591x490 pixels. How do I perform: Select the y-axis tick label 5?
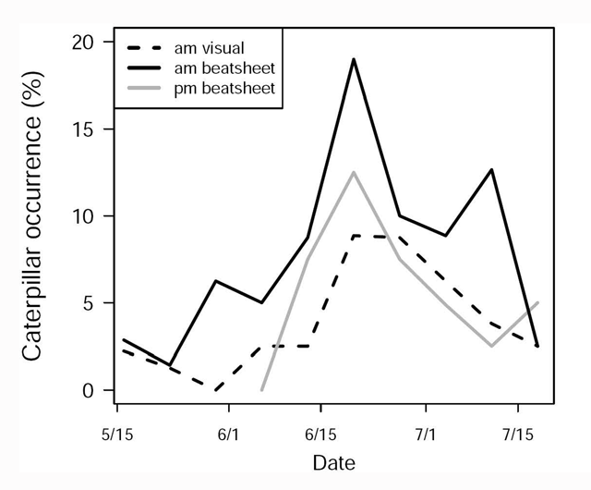click(x=88, y=303)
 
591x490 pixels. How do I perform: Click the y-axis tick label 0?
click(x=88, y=390)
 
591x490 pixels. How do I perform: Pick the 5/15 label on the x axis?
click(x=116, y=433)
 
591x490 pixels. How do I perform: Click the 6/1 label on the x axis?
click(x=228, y=433)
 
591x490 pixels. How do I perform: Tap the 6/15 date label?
click(x=320, y=433)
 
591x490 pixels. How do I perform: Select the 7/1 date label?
click(x=425, y=433)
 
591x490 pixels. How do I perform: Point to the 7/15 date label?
click(x=517, y=433)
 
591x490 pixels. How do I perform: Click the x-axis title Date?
click(x=334, y=462)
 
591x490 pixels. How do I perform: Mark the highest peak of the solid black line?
click(x=354, y=59)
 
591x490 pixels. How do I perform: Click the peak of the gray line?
click(x=354, y=172)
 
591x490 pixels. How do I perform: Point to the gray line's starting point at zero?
click(x=262, y=390)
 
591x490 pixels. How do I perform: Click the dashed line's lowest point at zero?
click(x=216, y=390)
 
